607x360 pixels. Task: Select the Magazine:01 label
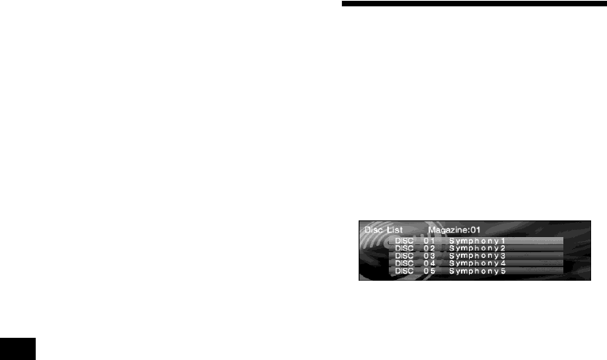pos(455,230)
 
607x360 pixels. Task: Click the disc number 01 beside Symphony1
pos(429,240)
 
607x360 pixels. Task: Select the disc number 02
pos(429,248)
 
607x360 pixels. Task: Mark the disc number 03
pos(429,256)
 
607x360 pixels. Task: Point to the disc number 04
pos(429,264)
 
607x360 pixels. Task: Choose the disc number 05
pos(429,272)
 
